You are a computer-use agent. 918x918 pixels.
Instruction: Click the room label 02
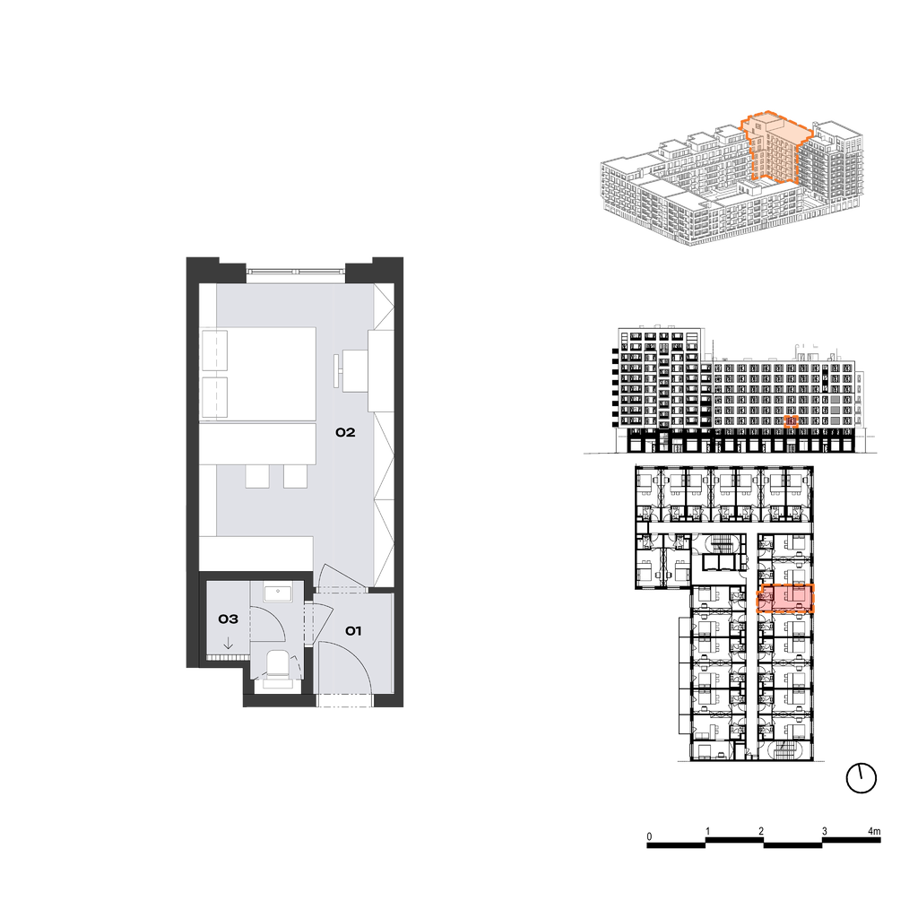click(x=345, y=433)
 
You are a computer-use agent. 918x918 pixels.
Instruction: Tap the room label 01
click(x=353, y=630)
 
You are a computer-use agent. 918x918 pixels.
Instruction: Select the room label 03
click(x=229, y=619)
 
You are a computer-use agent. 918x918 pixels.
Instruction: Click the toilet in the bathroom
click(x=278, y=669)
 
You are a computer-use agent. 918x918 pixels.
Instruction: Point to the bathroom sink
click(x=278, y=593)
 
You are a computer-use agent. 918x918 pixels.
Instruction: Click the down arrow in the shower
click(x=229, y=644)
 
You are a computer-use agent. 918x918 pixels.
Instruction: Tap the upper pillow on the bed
click(x=214, y=351)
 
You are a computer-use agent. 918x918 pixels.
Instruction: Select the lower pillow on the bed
click(x=214, y=397)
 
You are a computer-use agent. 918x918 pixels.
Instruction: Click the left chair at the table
click(x=257, y=476)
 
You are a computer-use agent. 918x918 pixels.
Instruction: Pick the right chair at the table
click(x=296, y=476)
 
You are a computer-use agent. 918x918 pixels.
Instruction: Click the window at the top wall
click(x=296, y=272)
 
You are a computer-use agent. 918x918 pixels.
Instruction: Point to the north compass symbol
click(x=862, y=779)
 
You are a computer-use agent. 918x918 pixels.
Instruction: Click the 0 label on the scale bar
click(x=649, y=836)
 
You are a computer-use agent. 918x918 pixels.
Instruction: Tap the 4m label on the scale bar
click(x=873, y=831)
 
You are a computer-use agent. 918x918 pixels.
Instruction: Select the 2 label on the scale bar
click(x=761, y=831)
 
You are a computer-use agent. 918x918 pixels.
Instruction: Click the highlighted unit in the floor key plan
click(x=785, y=598)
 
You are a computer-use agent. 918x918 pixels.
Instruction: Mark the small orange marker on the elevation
click(x=791, y=421)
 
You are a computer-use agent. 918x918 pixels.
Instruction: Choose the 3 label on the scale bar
click(x=825, y=831)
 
